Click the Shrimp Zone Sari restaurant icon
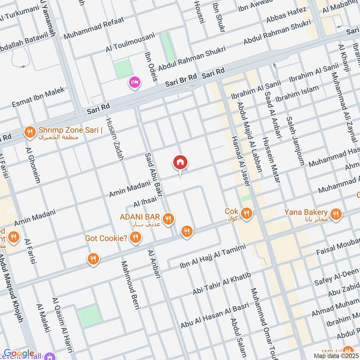[x=30, y=132]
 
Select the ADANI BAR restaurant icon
[x=168, y=219]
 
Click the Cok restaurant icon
[x=246, y=213]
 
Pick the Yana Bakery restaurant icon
[x=335, y=214]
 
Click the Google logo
[x=18, y=354]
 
